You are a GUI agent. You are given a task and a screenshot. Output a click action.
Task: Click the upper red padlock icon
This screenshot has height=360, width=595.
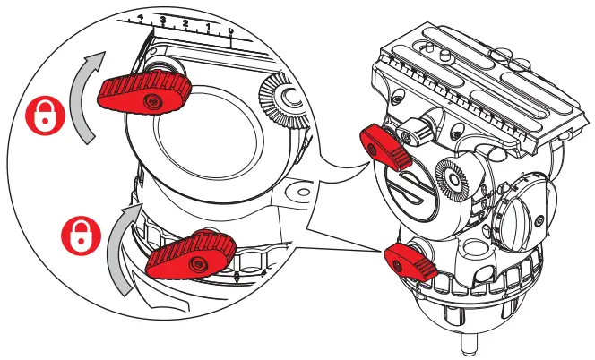coord(41,114)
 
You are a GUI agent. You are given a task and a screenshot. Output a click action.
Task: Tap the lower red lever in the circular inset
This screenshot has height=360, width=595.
coord(191,254)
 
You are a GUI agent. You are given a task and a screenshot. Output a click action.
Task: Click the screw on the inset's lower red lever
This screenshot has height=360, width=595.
coord(202,260)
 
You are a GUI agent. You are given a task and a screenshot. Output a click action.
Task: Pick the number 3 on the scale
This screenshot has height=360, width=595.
coord(162,19)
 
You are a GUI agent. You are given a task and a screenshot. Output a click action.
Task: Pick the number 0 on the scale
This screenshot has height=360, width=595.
coord(232,33)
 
